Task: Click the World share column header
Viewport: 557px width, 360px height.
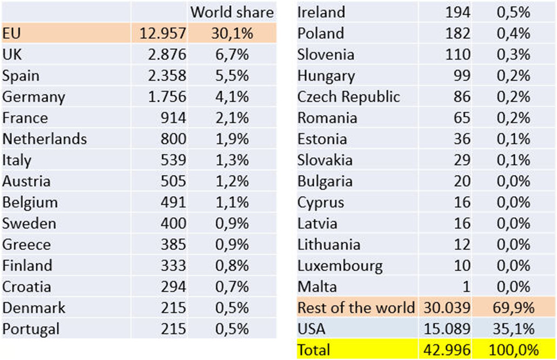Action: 233,12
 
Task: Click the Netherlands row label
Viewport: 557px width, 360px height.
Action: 44,139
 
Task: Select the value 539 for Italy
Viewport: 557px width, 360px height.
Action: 173,160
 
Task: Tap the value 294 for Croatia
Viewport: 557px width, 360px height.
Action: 173,286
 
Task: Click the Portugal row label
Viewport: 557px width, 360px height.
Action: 31,329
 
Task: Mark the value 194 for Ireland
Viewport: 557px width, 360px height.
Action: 457,12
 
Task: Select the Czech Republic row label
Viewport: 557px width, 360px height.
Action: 349,97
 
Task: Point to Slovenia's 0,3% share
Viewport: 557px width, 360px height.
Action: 514,55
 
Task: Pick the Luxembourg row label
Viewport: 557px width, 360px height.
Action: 340,265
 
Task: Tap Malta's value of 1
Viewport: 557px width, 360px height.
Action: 466,286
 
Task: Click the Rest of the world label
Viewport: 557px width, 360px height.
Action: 356,308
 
